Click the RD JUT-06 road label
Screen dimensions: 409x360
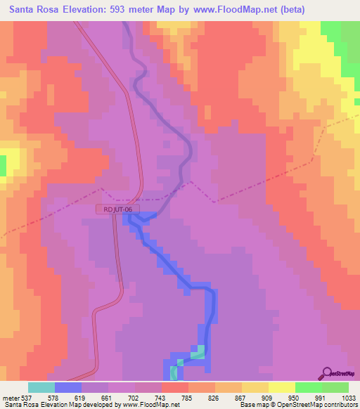[x=117, y=209]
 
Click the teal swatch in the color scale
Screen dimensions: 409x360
[x=41, y=387]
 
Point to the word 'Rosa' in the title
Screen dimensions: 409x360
[x=56, y=10]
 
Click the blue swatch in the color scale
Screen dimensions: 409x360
[x=68, y=387]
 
